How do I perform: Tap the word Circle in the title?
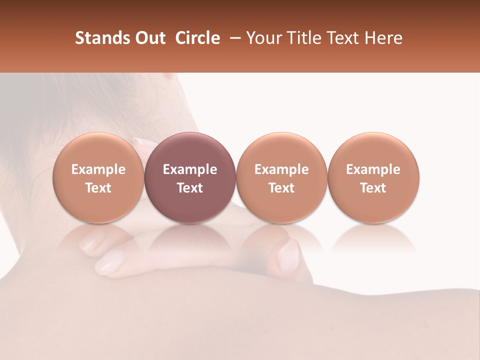pyautogui.click(x=197, y=38)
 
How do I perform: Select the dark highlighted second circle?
pyautogui.click(x=190, y=177)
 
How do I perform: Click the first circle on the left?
pyautogui.click(x=98, y=177)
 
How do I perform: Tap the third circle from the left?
pyautogui.click(x=281, y=177)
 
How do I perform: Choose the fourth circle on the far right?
pyautogui.click(x=373, y=177)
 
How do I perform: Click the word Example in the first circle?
pyautogui.click(x=98, y=169)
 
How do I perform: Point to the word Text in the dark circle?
pyautogui.click(x=190, y=188)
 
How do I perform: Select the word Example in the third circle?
pyautogui.click(x=281, y=169)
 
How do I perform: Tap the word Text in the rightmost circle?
pyautogui.click(x=373, y=188)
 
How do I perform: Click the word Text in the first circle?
pyautogui.click(x=98, y=188)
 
